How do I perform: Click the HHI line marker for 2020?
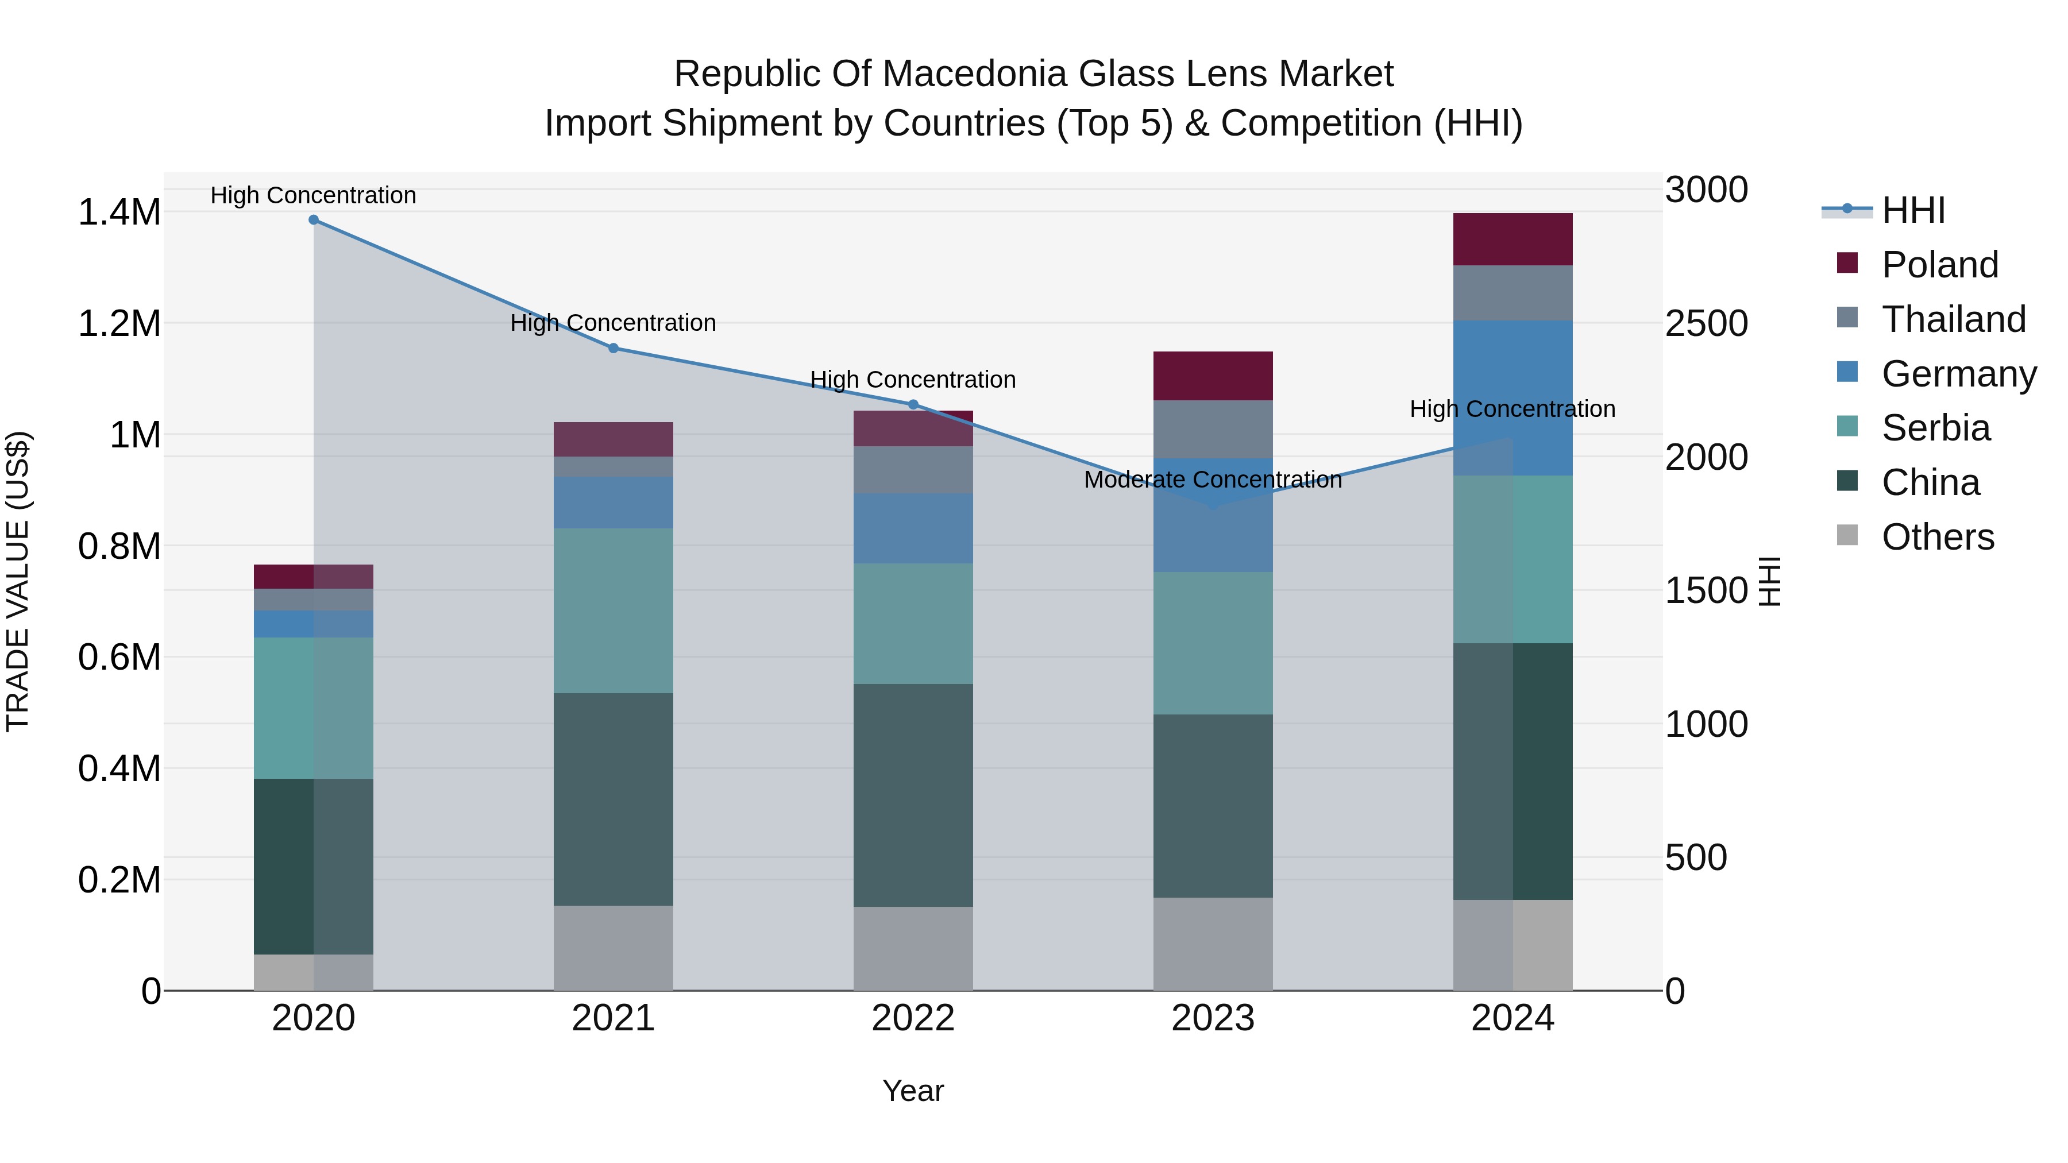(314, 220)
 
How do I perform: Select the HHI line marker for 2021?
(614, 349)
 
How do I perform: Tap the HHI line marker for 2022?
(913, 404)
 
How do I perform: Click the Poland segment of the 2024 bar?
(1513, 239)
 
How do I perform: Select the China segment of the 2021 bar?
(614, 799)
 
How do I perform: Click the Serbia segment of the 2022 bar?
(913, 624)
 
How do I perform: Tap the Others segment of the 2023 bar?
(1213, 944)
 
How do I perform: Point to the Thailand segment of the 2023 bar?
(1213, 430)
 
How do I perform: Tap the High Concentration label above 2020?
(313, 195)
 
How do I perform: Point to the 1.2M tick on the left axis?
(119, 324)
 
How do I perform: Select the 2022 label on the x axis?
(913, 1018)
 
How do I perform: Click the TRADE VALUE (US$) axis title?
(18, 581)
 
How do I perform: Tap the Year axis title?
(913, 1091)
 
